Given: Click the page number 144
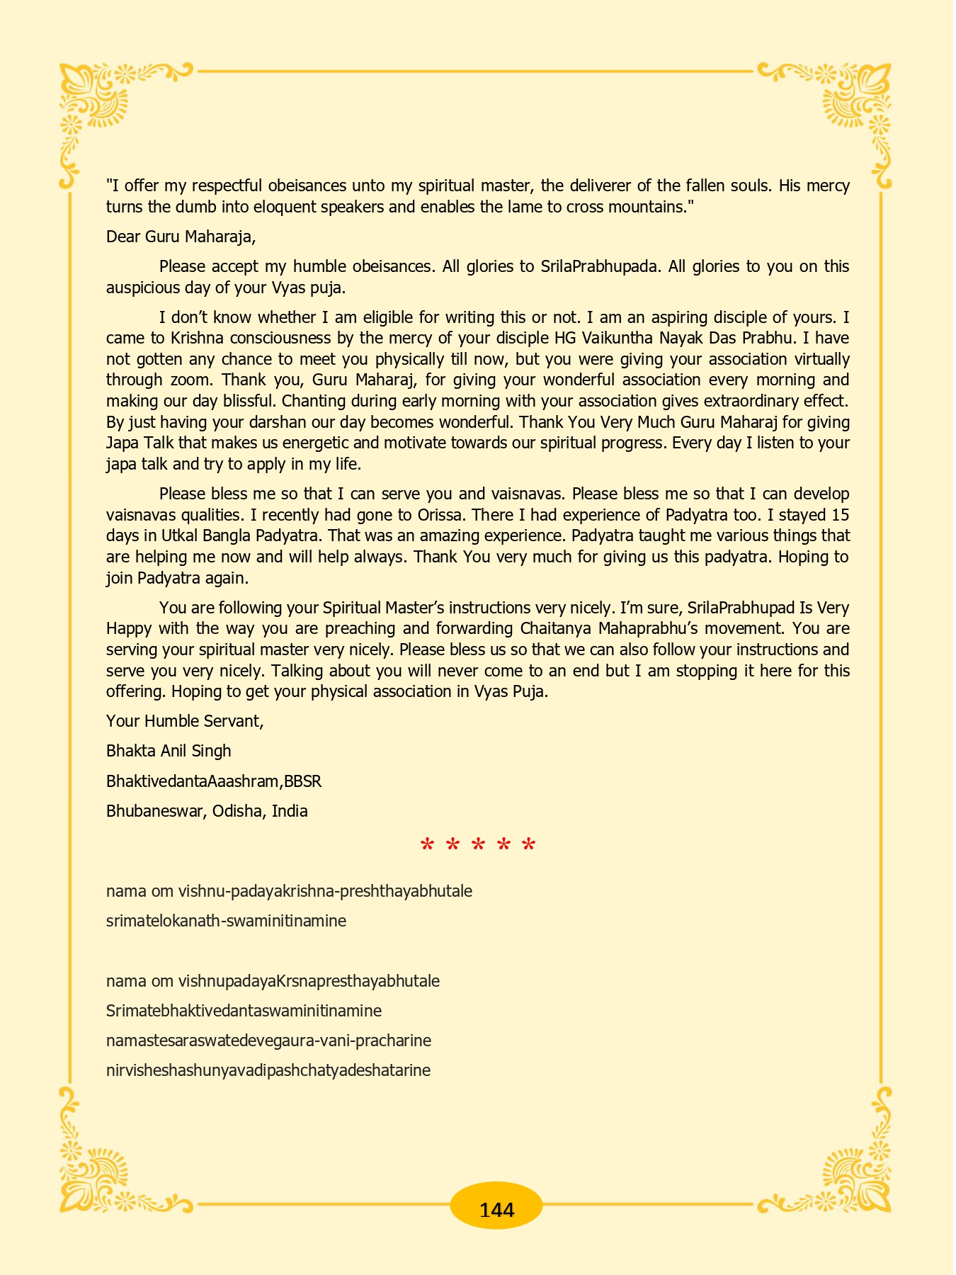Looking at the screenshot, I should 496,1210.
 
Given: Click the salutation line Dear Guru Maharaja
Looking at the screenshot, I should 181,237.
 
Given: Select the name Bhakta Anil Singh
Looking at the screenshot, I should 169,751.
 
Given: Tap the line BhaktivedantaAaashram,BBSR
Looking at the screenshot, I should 214,781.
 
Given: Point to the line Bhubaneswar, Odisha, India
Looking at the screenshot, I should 207,812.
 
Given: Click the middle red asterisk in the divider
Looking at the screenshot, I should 478,846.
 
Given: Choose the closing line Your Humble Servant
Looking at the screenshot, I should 184,721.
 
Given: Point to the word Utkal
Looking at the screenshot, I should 186,535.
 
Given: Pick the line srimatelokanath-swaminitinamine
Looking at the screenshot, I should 226,922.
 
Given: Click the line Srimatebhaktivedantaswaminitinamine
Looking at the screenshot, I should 244,1011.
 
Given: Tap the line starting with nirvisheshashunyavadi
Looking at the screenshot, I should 268,1070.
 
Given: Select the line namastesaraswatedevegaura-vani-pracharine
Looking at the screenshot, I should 268,1041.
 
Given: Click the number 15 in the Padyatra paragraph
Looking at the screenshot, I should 840,514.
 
